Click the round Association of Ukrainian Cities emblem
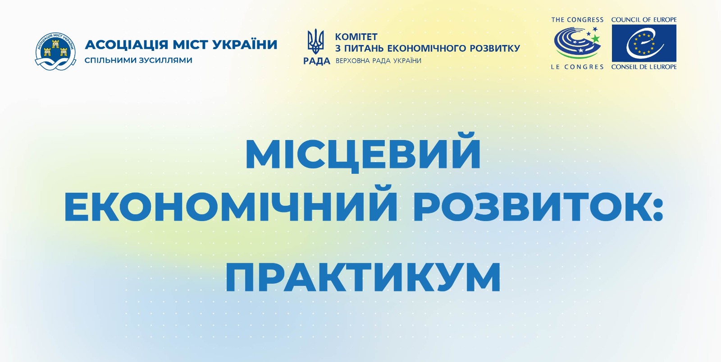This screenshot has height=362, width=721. (56, 51)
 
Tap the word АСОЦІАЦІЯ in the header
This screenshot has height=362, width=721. (127, 45)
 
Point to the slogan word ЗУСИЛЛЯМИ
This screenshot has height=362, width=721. (166, 60)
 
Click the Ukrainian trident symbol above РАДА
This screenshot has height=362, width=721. (316, 41)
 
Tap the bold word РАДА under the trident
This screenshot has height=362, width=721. (317, 61)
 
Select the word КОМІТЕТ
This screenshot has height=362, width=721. (356, 36)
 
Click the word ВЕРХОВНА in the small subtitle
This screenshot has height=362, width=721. (353, 61)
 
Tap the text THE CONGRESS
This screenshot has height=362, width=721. (577, 20)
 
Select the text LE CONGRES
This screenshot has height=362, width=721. (577, 67)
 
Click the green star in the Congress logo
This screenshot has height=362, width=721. (595, 38)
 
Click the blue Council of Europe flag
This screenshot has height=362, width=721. (644, 43)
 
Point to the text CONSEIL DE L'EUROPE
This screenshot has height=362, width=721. (644, 67)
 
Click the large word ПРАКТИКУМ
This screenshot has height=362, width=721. (363, 277)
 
